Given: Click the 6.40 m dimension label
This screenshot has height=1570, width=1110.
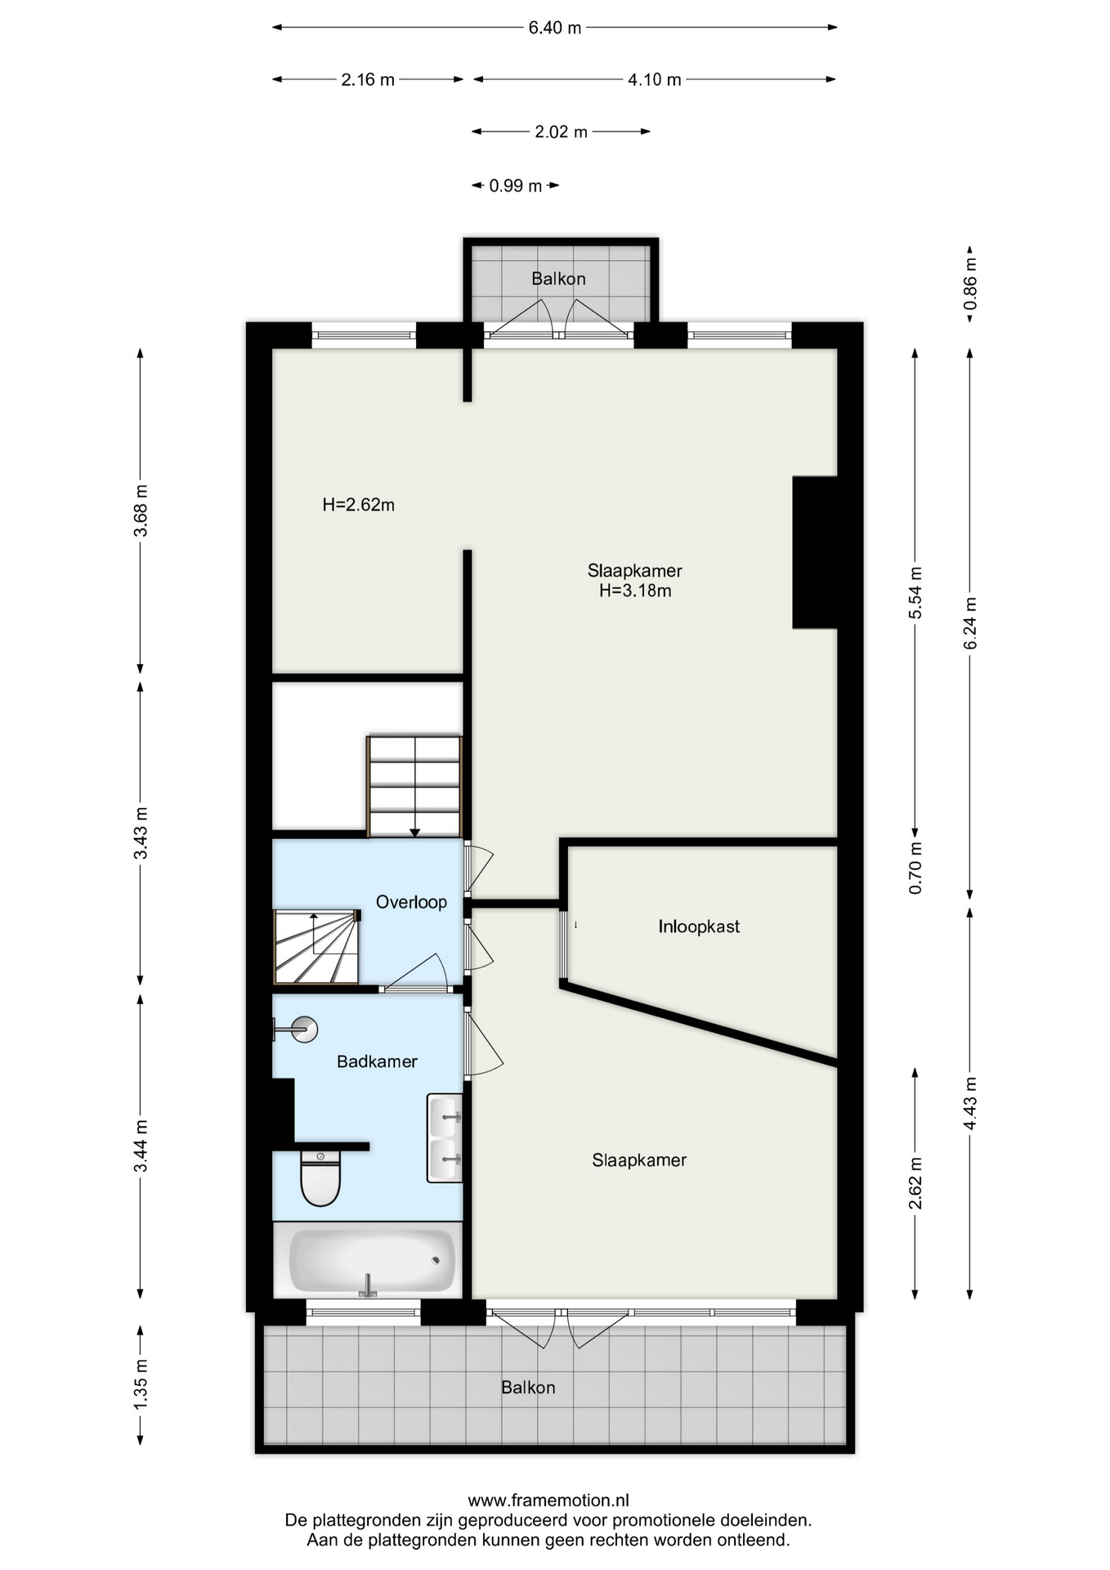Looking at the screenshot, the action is (554, 28).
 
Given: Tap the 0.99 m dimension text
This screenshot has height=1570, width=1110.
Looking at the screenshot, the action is (515, 186).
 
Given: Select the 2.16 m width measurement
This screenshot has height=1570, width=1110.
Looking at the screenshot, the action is (368, 79).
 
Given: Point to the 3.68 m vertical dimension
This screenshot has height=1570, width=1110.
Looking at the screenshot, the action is (141, 510).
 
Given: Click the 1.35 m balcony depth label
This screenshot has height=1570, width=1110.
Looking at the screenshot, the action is (141, 1383).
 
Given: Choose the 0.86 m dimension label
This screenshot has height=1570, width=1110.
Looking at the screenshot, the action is (970, 284).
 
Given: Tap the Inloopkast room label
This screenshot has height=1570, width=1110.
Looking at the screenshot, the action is (699, 926).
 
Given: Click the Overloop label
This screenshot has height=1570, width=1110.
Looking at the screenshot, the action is (411, 902).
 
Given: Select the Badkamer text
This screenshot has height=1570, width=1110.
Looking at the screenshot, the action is (377, 1061).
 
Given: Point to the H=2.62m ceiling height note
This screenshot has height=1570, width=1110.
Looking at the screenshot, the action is (358, 505).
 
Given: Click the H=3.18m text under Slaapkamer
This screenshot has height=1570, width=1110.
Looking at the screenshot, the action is (635, 590).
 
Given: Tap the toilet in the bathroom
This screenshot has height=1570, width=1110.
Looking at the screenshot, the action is (320, 1178).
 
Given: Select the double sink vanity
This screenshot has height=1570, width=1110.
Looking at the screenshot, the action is (445, 1137).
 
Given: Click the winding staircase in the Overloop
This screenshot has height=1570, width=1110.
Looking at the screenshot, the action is (316, 947).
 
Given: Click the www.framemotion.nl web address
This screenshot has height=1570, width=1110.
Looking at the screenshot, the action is (548, 1500).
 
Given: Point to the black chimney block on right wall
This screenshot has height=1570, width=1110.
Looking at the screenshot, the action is (815, 552).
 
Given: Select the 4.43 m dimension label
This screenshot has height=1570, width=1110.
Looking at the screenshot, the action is (970, 1103).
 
